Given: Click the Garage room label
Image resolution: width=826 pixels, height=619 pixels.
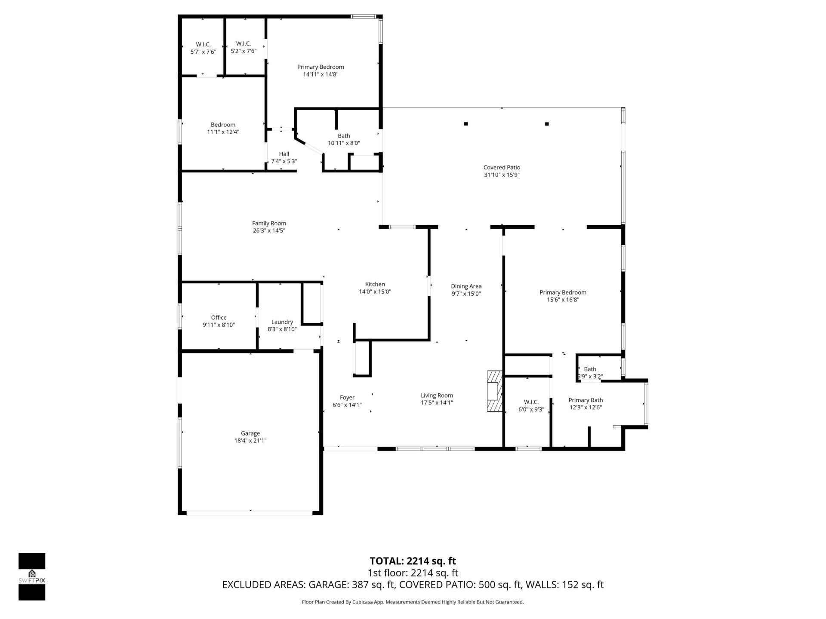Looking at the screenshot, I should point(250,433).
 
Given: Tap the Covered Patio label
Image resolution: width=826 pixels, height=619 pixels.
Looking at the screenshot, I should point(502,168).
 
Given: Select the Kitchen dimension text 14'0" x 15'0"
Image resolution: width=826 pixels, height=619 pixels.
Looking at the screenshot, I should point(375,291).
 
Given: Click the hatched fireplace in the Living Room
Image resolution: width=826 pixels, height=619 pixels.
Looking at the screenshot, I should point(494,391).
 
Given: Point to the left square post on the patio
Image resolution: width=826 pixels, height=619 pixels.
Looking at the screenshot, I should point(466,124).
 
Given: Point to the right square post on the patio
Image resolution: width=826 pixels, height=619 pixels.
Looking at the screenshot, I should point(547,124).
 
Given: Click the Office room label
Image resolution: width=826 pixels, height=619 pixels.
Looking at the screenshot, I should point(219,318).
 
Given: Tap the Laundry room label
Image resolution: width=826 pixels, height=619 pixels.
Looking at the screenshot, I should point(282,322).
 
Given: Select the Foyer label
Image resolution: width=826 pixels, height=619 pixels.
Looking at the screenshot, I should point(347,398).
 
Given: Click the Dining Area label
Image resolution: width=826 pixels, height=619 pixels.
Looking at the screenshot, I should point(466,286).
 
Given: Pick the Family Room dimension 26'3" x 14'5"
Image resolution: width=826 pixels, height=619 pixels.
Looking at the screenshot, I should point(269,230).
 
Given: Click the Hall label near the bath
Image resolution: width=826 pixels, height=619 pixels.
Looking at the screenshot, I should point(284,154).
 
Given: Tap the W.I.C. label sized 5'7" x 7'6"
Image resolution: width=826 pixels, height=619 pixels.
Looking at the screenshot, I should point(203,45).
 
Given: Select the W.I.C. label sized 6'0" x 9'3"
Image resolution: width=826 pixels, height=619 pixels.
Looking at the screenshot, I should point(531,402).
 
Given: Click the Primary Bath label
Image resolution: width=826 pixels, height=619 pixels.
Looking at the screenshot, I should point(586,400).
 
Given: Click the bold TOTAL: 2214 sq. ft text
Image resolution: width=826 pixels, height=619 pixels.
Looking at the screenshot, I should point(413,561).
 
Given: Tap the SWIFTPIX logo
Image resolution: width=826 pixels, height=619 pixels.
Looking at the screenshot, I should point(32,576).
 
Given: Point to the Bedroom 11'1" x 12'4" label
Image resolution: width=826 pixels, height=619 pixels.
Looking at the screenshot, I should point(223,125).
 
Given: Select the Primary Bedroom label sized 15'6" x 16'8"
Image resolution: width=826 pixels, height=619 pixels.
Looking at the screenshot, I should point(563,292).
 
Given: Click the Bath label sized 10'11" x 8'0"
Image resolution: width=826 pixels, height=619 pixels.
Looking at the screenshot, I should point(344,136).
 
